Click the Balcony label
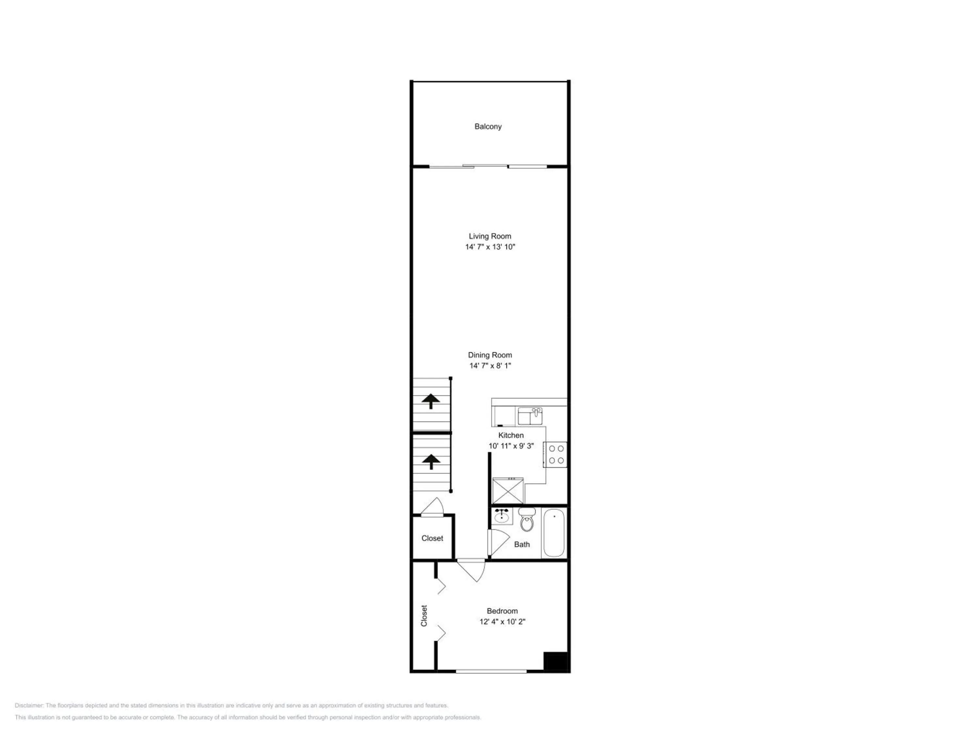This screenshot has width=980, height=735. [488, 127]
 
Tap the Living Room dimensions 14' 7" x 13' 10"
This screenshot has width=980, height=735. [490, 247]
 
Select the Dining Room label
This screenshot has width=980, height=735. [490, 355]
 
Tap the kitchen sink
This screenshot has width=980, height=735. [530, 416]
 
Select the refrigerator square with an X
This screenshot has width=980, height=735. [508, 491]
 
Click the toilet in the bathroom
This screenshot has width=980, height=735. [527, 520]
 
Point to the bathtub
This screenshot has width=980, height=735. [554, 533]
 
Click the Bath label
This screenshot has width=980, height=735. [522, 545]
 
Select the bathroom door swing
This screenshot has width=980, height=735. [498, 542]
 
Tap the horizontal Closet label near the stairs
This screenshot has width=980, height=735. [432, 538]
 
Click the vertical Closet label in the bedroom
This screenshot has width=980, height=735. [424, 616]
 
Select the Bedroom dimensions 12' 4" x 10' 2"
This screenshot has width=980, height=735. [502, 622]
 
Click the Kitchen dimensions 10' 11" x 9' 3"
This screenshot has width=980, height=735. [511, 446]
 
